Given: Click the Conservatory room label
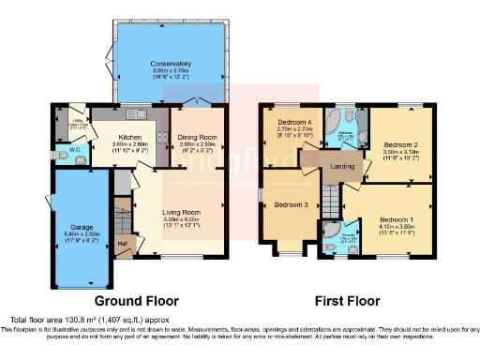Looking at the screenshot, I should coord(169,64).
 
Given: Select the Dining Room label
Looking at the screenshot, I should coord(198,138).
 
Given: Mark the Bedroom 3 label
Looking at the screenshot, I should coord(291,204).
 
